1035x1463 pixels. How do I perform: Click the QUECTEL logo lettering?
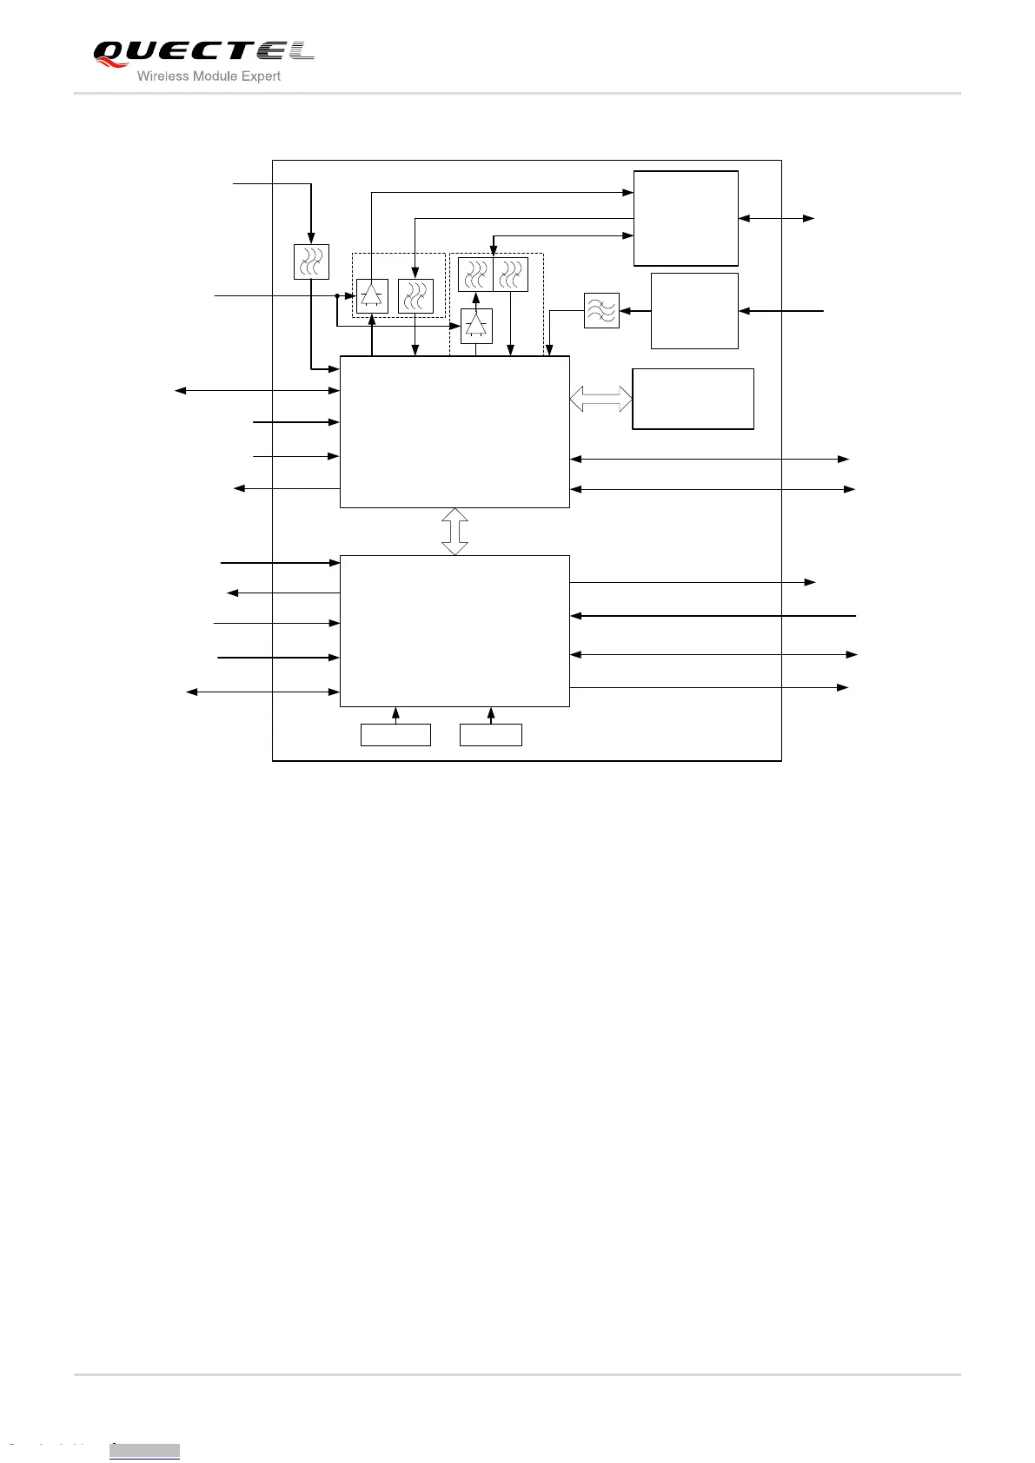tap(203, 52)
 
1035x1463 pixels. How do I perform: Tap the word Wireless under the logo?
tap(162, 76)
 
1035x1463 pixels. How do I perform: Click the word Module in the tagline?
tap(211, 76)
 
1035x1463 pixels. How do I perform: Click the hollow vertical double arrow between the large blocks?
tap(454, 532)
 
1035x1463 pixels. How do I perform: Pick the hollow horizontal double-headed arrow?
tap(600, 399)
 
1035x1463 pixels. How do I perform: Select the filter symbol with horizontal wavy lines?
tap(601, 310)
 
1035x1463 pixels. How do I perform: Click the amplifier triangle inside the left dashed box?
tap(372, 295)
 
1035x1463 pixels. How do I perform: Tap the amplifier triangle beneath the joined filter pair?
tap(475, 326)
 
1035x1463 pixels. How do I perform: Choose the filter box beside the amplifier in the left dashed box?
tap(415, 295)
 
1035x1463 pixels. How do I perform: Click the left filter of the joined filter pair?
tap(475, 275)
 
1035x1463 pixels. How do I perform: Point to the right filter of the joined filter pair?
tap(510, 275)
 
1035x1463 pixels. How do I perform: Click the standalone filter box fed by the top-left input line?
tap(311, 261)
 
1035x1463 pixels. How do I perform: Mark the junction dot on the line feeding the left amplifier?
tap(337, 296)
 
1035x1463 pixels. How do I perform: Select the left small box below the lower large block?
tap(395, 735)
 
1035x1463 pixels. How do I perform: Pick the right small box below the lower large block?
tap(491, 735)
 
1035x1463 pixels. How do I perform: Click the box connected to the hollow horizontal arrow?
tap(693, 399)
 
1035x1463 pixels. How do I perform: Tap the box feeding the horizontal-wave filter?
tap(694, 311)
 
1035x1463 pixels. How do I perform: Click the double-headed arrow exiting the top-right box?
tap(776, 218)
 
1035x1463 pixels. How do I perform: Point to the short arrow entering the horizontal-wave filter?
tap(634, 310)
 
